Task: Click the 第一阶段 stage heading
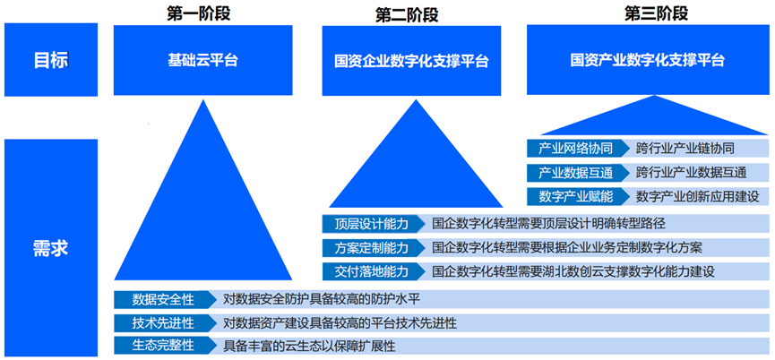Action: click(199, 13)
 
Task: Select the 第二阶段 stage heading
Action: click(407, 15)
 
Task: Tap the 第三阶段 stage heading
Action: click(657, 13)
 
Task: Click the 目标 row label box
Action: click(51, 60)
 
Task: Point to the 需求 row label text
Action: click(50, 248)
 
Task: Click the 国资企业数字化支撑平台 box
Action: click(412, 61)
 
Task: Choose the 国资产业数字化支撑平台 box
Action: click(648, 60)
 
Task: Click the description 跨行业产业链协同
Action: click(685, 148)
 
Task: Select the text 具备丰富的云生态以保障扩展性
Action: click(309, 346)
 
